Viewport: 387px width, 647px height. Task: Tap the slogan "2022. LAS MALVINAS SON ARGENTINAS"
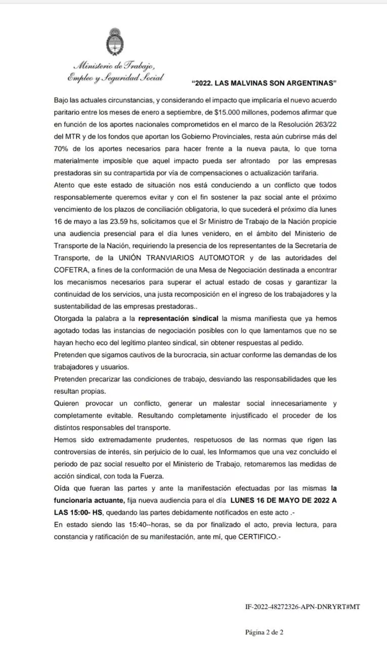point(265,83)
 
